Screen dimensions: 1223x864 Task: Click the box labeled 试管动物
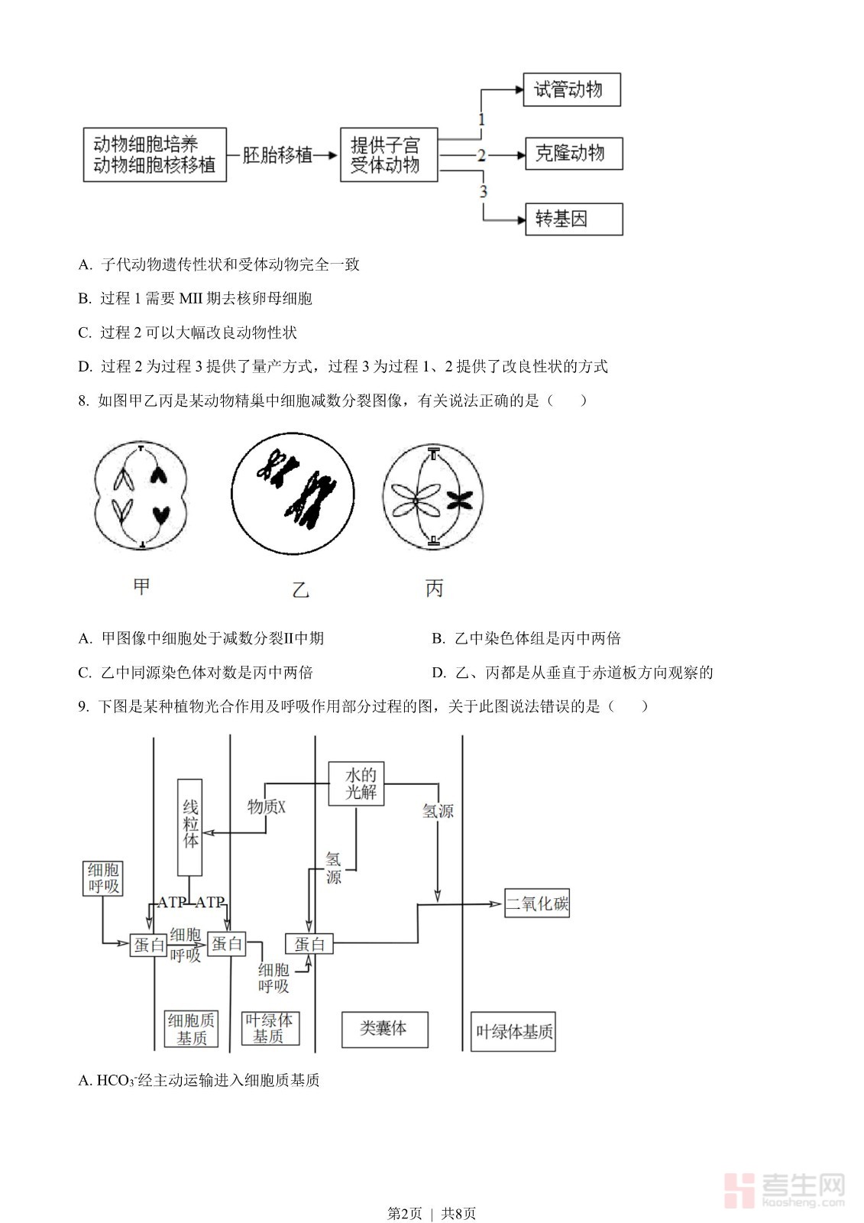(x=571, y=89)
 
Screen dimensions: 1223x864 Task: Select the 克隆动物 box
(x=573, y=154)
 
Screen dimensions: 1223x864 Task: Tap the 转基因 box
(x=573, y=219)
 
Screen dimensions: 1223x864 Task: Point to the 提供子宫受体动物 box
(x=388, y=154)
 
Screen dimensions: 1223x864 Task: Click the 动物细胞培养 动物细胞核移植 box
(x=154, y=154)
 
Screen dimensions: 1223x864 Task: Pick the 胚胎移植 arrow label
(x=277, y=155)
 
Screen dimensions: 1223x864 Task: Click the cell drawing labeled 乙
(x=293, y=494)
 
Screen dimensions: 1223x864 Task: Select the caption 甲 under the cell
(x=141, y=586)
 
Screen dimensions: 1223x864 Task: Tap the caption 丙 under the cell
(x=434, y=588)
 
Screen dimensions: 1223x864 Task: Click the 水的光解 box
(x=356, y=783)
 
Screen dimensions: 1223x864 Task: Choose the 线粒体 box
(x=190, y=827)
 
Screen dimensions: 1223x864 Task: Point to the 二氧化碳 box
(x=537, y=903)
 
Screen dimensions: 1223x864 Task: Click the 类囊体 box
(x=383, y=1029)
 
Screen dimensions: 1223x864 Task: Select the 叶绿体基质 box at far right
(x=513, y=1032)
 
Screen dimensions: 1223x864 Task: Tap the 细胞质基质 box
(x=191, y=1029)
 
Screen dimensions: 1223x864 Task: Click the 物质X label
(x=266, y=806)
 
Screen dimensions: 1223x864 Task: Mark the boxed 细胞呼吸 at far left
(x=103, y=878)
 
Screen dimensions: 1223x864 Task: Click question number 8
(x=83, y=401)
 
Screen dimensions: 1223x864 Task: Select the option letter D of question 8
(x=438, y=673)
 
